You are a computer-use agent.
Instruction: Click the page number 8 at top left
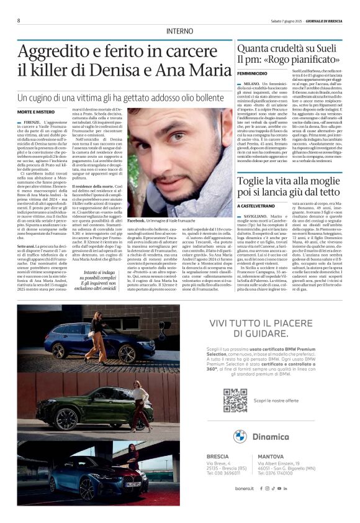[x=19, y=20]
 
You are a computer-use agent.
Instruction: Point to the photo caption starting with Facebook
[x=169, y=221]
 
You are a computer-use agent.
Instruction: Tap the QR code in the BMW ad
[x=235, y=401]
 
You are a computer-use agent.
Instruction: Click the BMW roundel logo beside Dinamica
[x=240, y=436]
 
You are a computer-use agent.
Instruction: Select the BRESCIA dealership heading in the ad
[x=218, y=457]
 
